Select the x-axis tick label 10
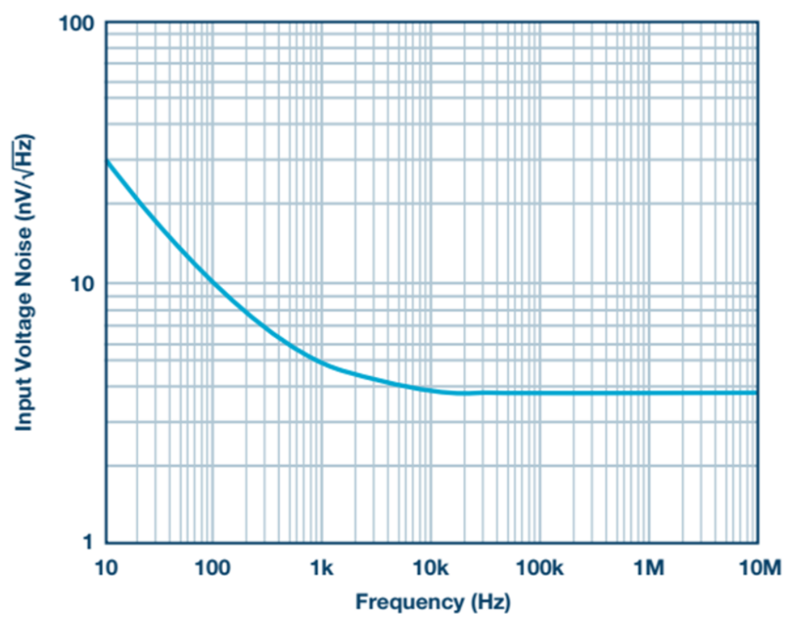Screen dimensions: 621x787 click(x=106, y=566)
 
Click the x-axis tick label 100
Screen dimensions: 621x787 click(x=213, y=566)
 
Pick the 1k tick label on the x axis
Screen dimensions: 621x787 click(x=321, y=566)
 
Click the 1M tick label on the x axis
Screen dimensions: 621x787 click(x=648, y=566)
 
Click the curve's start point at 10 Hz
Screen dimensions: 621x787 click(x=107, y=160)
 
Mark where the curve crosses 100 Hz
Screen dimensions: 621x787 click(x=214, y=283)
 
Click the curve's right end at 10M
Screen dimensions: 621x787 click(x=756, y=393)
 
